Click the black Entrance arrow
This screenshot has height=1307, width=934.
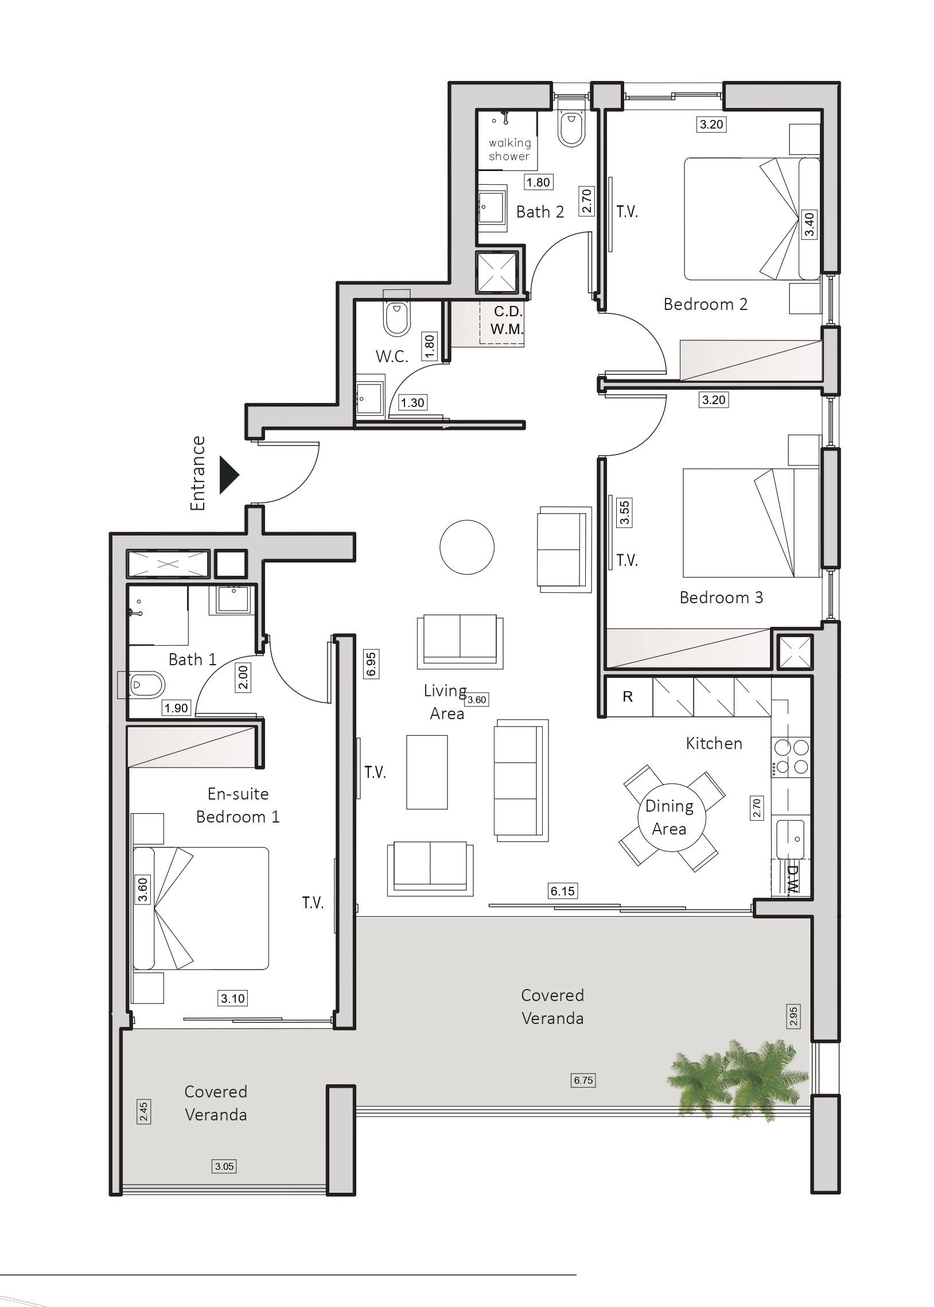click(228, 475)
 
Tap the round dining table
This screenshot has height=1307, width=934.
click(669, 817)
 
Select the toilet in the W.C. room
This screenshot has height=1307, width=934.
click(396, 313)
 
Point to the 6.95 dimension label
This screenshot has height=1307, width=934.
click(372, 664)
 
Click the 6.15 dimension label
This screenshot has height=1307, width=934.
click(562, 891)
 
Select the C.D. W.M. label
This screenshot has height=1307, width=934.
click(507, 320)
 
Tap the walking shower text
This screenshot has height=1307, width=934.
click(509, 149)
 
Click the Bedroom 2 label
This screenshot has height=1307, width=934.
click(705, 304)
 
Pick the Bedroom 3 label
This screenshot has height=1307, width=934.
click(721, 597)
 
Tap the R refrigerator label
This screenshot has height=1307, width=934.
click(628, 697)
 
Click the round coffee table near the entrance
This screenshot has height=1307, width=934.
click(467, 546)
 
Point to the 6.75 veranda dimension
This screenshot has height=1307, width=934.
click(583, 1080)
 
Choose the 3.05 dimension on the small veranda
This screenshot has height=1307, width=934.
click(224, 1166)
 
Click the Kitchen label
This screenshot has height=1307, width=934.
click(714, 743)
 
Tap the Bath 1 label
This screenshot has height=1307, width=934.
click(192, 660)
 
